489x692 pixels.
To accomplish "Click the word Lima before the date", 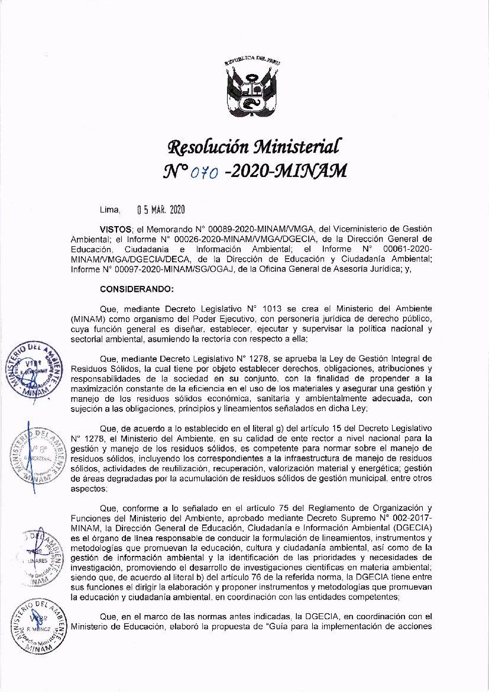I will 110,210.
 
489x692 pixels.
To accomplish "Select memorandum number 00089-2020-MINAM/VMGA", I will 261,229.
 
